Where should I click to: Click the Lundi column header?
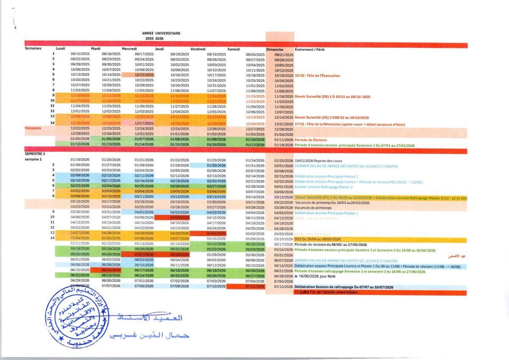click(x=61, y=49)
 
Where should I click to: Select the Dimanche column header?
click(x=275, y=49)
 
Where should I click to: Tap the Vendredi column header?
click(x=198, y=49)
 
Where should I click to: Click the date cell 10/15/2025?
click(x=144, y=75)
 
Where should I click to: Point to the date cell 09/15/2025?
click(x=80, y=54)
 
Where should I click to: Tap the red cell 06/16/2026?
click(x=111, y=270)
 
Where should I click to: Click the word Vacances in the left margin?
click(x=33, y=128)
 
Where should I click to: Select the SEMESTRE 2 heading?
click(x=35, y=154)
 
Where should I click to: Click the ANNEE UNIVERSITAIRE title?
click(x=161, y=33)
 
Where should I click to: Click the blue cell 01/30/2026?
click(x=216, y=165)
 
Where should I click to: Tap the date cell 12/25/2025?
click(x=179, y=129)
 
